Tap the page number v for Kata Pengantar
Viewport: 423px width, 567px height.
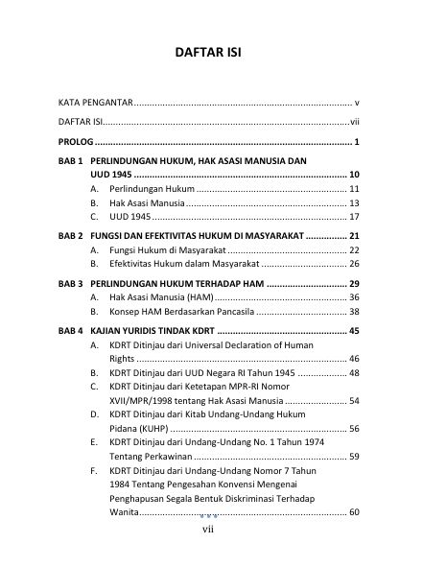click(356, 101)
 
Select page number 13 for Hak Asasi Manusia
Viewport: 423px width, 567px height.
click(354, 203)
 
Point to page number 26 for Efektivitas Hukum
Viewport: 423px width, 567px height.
click(354, 264)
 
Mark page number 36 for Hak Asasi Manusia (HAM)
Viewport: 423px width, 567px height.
click(354, 297)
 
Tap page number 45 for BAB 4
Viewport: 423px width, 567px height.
click(354, 331)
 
